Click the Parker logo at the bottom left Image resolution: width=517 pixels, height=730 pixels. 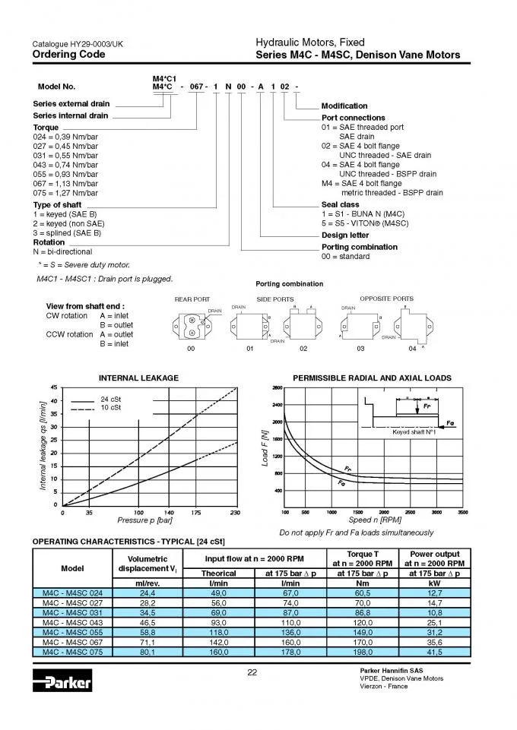pyautogui.click(x=62, y=681)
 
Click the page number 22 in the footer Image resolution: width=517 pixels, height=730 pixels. pyautogui.click(x=253, y=671)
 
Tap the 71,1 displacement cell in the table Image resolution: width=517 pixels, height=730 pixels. pyautogui.click(x=147, y=642)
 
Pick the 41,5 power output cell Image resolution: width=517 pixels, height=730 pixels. pyautogui.click(x=436, y=652)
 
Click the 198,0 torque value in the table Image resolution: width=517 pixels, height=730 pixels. pyautogui.click(x=363, y=652)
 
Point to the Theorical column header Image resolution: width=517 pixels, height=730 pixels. pyautogui.click(x=218, y=573)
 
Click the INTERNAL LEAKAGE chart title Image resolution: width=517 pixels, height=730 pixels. pyautogui.click(x=138, y=378)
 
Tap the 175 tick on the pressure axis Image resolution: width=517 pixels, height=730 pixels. pyautogui.click(x=196, y=513)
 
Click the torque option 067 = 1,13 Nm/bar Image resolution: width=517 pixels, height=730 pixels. pyautogui.click(x=65, y=183)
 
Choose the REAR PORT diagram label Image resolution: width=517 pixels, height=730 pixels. pyautogui.click(x=192, y=299)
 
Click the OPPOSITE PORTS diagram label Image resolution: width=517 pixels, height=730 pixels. pyautogui.click(x=386, y=299)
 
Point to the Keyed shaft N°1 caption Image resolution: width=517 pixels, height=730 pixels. pyautogui.click(x=412, y=431)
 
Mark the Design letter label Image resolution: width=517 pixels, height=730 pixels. pyautogui.click(x=346, y=235)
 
